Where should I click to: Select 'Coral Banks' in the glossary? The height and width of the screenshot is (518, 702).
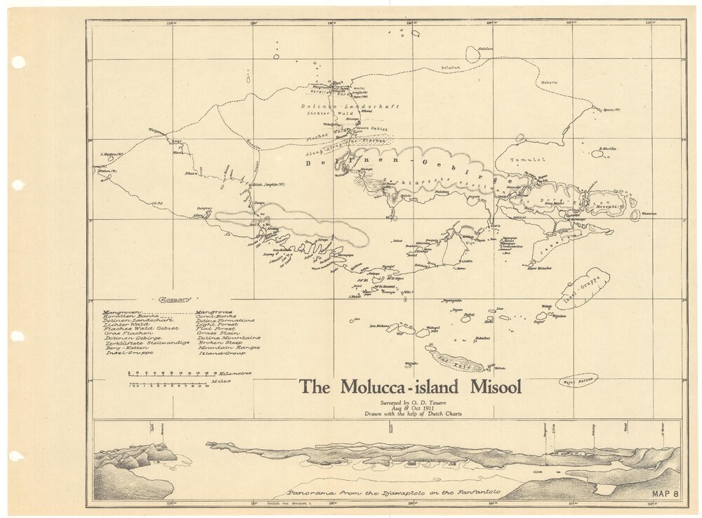(215, 316)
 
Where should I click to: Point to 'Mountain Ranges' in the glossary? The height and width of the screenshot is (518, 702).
(228, 347)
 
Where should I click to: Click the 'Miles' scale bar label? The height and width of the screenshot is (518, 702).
(218, 385)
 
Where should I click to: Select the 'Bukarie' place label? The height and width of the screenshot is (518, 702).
(548, 82)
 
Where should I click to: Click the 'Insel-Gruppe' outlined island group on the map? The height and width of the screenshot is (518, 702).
(583, 289)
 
